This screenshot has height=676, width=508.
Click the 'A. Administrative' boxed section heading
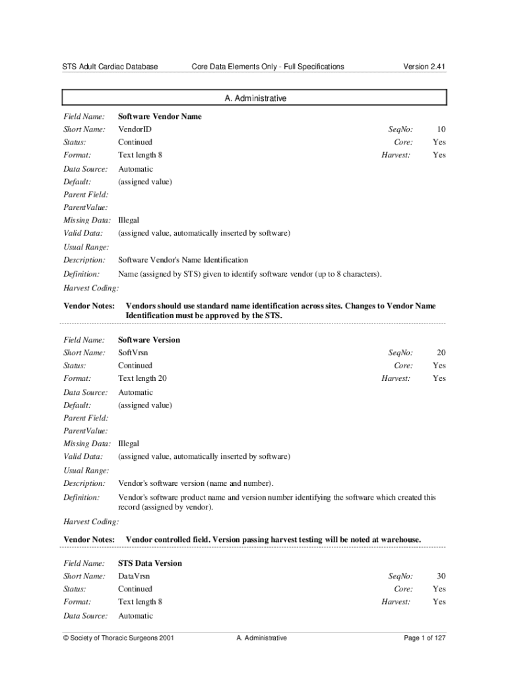point(255,98)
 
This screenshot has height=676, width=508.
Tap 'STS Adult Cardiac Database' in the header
point(110,67)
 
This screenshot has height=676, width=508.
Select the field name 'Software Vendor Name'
point(160,116)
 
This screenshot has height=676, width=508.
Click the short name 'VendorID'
point(135,129)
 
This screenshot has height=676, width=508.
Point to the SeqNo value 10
point(441,129)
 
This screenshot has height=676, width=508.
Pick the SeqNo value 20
point(441,353)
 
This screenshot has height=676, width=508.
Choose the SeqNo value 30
point(441,576)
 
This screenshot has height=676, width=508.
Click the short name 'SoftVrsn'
point(133,353)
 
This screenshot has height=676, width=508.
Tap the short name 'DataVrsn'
point(134,576)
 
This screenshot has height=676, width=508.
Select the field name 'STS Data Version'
point(150,563)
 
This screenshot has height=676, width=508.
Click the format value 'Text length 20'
point(143,378)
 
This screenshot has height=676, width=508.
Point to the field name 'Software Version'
point(149,340)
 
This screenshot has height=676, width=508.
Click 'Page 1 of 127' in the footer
point(425,638)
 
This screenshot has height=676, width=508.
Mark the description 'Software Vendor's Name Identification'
point(183,260)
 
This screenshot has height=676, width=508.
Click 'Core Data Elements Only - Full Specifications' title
point(267,67)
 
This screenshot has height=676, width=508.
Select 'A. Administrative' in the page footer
point(261,638)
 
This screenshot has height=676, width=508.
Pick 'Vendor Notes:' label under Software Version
point(89,540)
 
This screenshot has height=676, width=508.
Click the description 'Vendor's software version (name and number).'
point(195,484)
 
